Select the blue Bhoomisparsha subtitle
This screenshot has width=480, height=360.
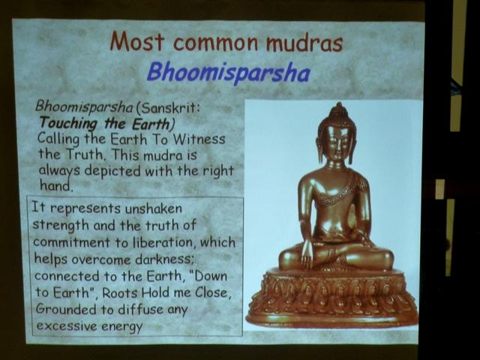point(229,73)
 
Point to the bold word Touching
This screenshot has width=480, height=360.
point(68,124)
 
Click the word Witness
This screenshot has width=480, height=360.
point(199,139)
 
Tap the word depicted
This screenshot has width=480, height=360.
point(112,171)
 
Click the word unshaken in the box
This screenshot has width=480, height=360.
point(153,208)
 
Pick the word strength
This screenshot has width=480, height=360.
point(61,225)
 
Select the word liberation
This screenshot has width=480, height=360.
point(163,242)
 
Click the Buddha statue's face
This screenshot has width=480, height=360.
point(337,142)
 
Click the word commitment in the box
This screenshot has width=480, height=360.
point(71,242)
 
